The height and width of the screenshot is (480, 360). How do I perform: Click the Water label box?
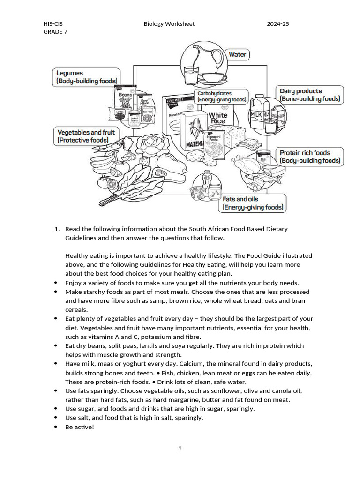tap(237, 54)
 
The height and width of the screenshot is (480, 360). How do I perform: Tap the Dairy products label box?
tap(309, 95)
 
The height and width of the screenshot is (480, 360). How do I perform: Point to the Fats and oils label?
tap(253, 203)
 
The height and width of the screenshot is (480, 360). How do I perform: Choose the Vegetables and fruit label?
tap(86, 136)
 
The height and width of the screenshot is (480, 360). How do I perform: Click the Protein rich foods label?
tap(309, 157)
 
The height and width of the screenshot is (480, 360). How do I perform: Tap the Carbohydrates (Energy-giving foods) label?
tap(221, 97)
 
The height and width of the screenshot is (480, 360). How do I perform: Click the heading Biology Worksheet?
tap(169, 24)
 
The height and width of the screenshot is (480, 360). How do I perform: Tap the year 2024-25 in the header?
tap(278, 24)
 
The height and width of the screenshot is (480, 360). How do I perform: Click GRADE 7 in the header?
tap(55, 32)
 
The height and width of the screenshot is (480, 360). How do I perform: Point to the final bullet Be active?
tap(80, 427)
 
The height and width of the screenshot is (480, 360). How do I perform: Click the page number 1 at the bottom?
tap(180, 448)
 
